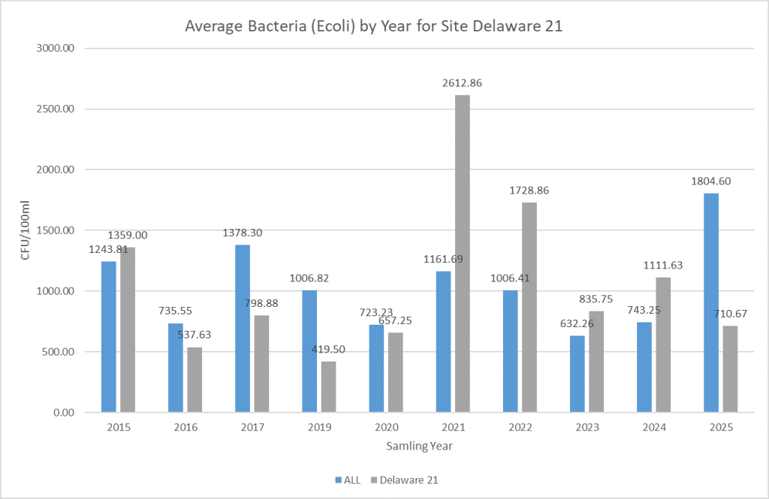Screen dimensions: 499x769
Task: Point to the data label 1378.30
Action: pos(242,233)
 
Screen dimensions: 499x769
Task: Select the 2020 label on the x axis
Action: pos(386,428)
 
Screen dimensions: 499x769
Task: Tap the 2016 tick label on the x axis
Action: pos(185,428)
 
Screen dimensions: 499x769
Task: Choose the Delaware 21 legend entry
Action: pos(409,479)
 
